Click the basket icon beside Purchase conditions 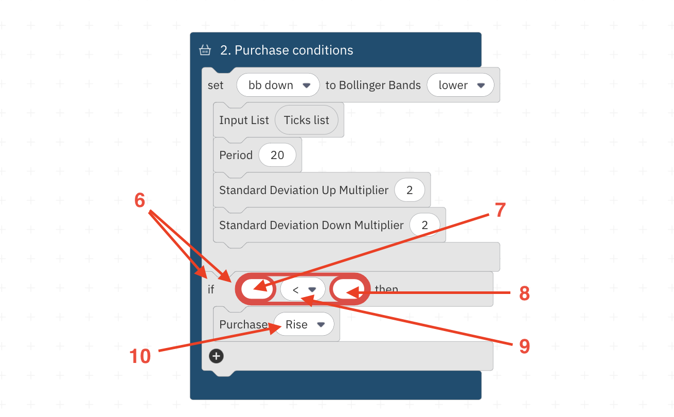pyautogui.click(x=205, y=50)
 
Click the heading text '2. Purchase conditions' pyautogui.click(x=287, y=50)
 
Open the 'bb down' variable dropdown pyautogui.click(x=278, y=85)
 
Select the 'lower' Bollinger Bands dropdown pyautogui.click(x=460, y=85)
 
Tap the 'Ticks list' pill pyautogui.click(x=307, y=120)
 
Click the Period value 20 pyautogui.click(x=277, y=155)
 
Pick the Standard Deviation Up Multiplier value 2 pyautogui.click(x=410, y=190)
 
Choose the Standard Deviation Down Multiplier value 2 pyautogui.click(x=425, y=225)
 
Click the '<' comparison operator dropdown pyautogui.click(x=303, y=290)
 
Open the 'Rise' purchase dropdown pyautogui.click(x=304, y=325)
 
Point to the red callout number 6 pyautogui.click(x=139, y=201)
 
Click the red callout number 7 pyautogui.click(x=501, y=210)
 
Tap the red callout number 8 pyautogui.click(x=524, y=293)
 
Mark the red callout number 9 pyautogui.click(x=524, y=346)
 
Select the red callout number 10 pyautogui.click(x=140, y=356)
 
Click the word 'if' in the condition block pyautogui.click(x=211, y=290)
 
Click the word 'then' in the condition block pyautogui.click(x=386, y=289)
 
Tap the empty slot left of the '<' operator pyautogui.click(x=256, y=290)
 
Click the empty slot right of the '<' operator pyautogui.click(x=350, y=290)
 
